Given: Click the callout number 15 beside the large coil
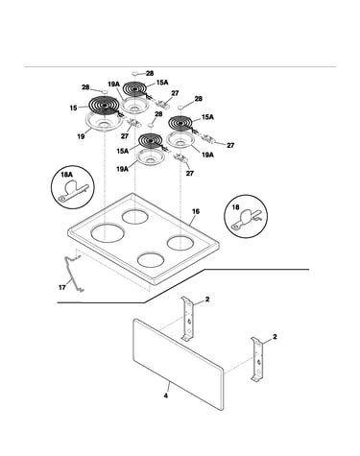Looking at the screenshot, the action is point(73,108).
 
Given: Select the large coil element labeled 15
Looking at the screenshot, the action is point(104,106).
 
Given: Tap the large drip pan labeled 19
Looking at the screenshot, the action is point(104,122).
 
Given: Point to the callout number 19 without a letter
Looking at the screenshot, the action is point(81,136).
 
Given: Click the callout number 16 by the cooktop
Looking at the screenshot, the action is point(196,211).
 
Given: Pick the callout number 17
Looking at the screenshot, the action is point(62,287).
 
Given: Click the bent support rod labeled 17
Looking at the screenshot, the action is point(72,274).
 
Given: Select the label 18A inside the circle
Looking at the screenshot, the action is point(66,175).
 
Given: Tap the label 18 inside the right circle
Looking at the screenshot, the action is point(235,207).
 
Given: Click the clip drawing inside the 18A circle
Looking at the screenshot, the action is point(73,191).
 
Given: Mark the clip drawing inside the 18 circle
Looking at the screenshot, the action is point(248,220).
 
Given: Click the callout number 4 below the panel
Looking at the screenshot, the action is point(166,396).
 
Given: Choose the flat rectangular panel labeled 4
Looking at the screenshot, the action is point(179,364).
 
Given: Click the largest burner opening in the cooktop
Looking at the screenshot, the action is point(108,232).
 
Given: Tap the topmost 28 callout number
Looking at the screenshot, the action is point(150,74).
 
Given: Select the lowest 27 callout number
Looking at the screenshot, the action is point(190,174).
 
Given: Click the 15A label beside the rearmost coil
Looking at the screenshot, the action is point(162,83).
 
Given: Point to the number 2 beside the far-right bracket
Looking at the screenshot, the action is point(275,337).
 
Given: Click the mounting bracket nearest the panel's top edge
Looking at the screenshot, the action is point(188,319).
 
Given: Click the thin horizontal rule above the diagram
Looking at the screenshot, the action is point(180,67).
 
